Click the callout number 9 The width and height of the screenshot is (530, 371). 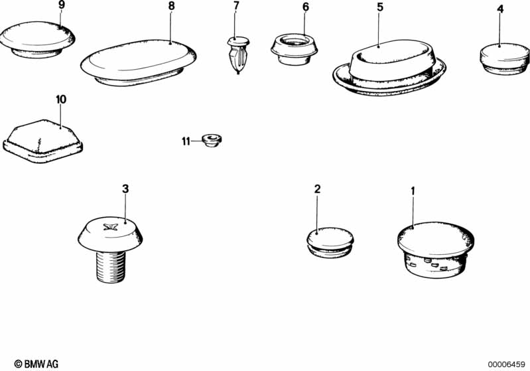(61, 5)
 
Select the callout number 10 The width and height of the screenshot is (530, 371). (61, 100)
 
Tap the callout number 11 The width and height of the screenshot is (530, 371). (186, 141)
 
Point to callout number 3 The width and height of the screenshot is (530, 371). (125, 188)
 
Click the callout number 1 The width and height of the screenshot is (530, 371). (413, 191)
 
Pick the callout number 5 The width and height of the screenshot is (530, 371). (380, 7)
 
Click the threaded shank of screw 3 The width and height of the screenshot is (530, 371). (111, 267)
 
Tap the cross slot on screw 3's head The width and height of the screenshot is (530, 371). (111, 227)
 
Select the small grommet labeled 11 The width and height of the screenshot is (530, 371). (212, 140)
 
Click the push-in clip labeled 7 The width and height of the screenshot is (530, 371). (238, 55)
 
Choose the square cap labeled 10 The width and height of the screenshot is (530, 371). (42, 141)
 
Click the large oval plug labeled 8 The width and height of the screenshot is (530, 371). (139, 63)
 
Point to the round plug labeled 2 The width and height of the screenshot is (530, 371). (330, 242)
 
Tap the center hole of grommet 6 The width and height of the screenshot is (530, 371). (295, 41)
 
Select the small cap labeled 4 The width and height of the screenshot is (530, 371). (504, 58)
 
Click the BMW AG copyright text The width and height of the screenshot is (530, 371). (36, 364)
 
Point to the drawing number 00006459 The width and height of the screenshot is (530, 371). (506, 364)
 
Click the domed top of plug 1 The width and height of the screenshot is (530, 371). (436, 239)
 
